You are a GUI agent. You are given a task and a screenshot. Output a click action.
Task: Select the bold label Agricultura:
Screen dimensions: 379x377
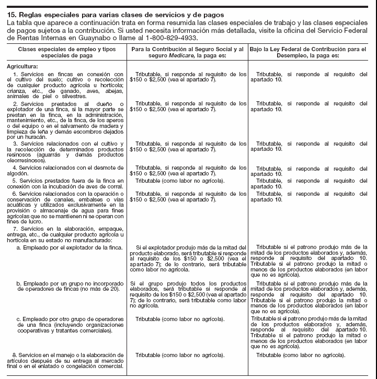[22, 66]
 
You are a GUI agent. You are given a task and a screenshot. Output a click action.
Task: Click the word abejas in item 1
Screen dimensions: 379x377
[115, 91]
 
